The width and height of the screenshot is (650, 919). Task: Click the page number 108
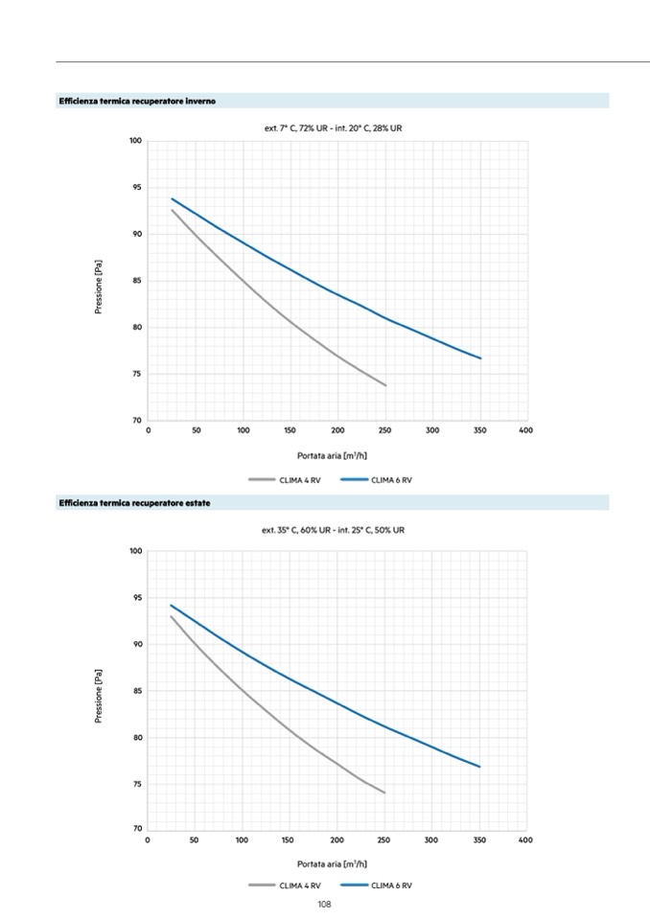(324, 904)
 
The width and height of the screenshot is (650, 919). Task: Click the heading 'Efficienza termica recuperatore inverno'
(137, 101)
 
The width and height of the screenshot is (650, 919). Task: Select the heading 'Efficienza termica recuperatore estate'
(134, 503)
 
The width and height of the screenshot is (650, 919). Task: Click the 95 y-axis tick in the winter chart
(136, 188)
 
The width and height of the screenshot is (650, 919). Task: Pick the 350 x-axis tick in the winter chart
(480, 431)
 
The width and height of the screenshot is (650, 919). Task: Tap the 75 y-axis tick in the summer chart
(136, 784)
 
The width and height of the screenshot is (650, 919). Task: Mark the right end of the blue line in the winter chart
(480, 358)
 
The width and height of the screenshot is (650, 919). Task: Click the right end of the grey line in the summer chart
(384, 793)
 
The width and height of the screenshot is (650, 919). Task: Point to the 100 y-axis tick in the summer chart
(135, 551)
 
